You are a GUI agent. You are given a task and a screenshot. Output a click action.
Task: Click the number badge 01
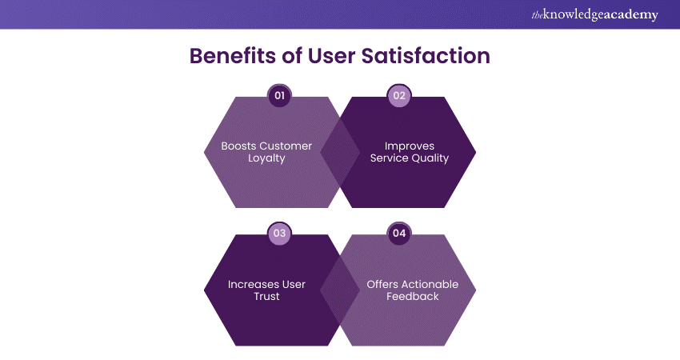279,96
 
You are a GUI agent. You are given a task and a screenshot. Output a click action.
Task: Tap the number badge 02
398,96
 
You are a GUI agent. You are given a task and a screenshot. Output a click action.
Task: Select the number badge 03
279,234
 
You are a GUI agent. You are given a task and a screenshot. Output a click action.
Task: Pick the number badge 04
398,234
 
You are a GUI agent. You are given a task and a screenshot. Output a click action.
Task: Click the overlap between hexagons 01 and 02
339,152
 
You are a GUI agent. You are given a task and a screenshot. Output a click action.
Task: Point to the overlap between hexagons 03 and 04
339,290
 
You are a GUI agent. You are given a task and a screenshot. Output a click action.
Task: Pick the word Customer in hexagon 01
286,146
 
